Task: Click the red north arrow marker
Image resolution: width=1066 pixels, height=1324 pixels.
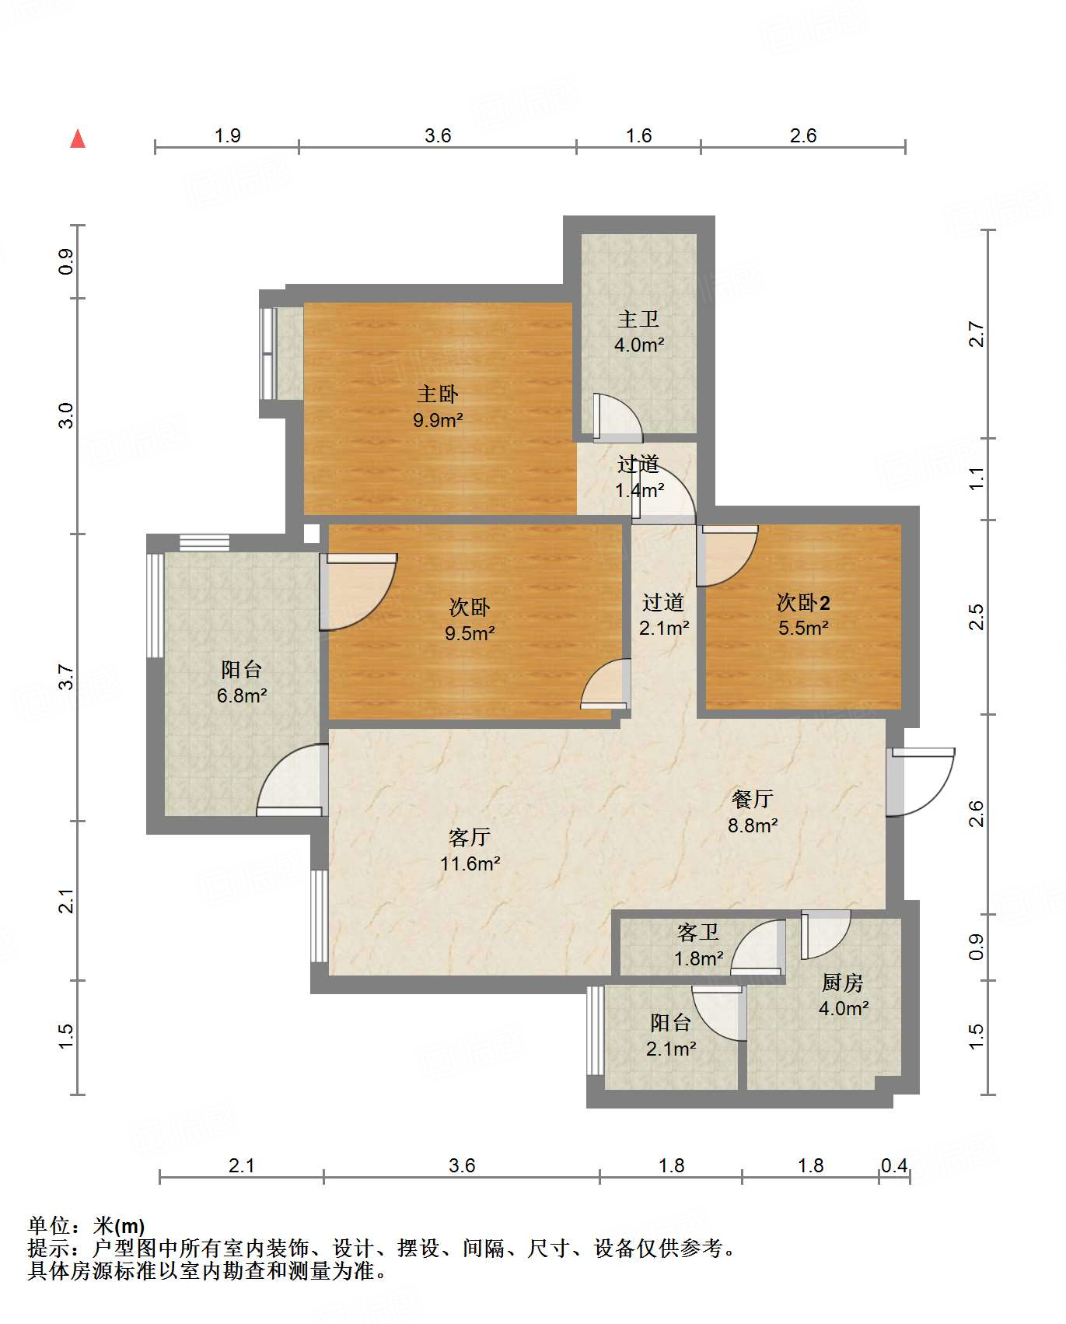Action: pos(78,138)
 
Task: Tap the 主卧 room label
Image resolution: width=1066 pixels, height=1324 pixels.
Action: pos(438,394)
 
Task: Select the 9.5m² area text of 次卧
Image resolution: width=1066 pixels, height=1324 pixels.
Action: pos(470,633)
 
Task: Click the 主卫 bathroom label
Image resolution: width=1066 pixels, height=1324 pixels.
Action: pos(638,319)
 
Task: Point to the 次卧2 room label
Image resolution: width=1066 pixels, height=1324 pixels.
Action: pos(803,602)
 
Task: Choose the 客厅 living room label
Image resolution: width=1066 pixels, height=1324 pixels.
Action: pos(469,837)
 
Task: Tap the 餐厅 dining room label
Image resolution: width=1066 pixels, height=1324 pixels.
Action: pos(752,799)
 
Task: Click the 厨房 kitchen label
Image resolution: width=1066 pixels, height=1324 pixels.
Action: pos(843,982)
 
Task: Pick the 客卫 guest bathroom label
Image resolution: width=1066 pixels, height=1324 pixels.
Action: pos(698,932)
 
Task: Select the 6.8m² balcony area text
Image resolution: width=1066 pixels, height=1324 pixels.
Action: pos(242,695)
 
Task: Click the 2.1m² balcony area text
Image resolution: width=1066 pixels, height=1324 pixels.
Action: pos(671,1049)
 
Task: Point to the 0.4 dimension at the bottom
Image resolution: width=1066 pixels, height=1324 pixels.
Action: pos(894,1165)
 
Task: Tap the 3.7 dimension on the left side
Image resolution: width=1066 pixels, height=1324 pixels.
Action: pos(67,677)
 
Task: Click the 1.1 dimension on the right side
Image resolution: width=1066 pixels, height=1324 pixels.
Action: pos(977,478)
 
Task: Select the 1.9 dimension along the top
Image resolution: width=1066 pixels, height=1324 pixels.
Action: pos(227,135)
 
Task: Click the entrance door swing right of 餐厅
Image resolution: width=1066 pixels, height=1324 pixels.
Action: pos(921,783)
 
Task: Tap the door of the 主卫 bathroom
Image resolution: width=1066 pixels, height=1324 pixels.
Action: pos(617,418)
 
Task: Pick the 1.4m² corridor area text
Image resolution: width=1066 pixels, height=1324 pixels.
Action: pos(640,490)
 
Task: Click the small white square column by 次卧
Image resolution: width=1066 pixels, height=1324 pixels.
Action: pos(311,534)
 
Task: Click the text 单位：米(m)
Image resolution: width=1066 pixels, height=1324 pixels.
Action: pos(86,1226)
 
